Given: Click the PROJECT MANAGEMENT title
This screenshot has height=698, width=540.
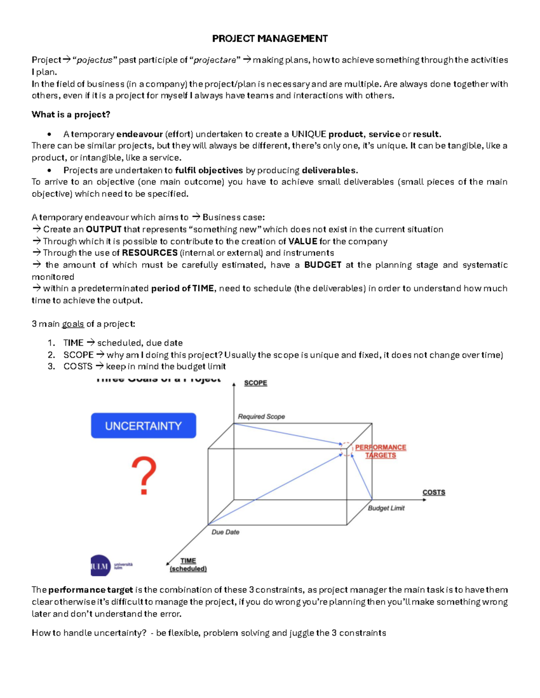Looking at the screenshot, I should click(x=270, y=39).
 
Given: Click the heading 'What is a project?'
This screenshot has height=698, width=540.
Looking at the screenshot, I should click(x=71, y=115).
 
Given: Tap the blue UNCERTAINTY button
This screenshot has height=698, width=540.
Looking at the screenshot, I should click(x=143, y=426).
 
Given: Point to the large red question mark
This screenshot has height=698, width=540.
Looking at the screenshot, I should click(x=144, y=476).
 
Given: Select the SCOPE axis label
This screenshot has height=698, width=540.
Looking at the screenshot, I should click(x=255, y=383).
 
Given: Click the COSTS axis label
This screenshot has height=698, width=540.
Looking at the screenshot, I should click(x=433, y=492).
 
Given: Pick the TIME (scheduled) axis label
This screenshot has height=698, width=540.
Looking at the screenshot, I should click(x=188, y=565).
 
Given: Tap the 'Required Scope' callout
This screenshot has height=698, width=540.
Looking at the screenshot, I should click(x=261, y=417).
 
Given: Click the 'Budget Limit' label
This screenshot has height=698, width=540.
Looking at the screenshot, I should click(x=386, y=508).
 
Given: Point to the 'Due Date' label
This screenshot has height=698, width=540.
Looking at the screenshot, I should click(x=225, y=532).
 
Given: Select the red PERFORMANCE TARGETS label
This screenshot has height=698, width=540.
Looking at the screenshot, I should click(x=380, y=451).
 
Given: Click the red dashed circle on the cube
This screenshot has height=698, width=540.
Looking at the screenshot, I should click(x=346, y=449).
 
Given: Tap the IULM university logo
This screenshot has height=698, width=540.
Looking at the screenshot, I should click(x=111, y=565).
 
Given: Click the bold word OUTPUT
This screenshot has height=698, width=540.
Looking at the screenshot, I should click(x=103, y=229).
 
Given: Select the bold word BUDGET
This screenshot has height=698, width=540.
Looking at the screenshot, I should click(x=323, y=265).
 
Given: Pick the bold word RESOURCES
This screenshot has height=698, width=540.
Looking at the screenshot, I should click(x=149, y=253).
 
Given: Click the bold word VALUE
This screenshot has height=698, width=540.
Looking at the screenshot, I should click(x=302, y=241).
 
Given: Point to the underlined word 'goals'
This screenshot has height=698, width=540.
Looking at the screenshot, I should click(x=73, y=324).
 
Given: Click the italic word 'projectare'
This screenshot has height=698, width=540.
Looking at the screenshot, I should click(x=215, y=60).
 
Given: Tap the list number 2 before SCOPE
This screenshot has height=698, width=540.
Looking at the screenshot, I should click(x=51, y=355).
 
